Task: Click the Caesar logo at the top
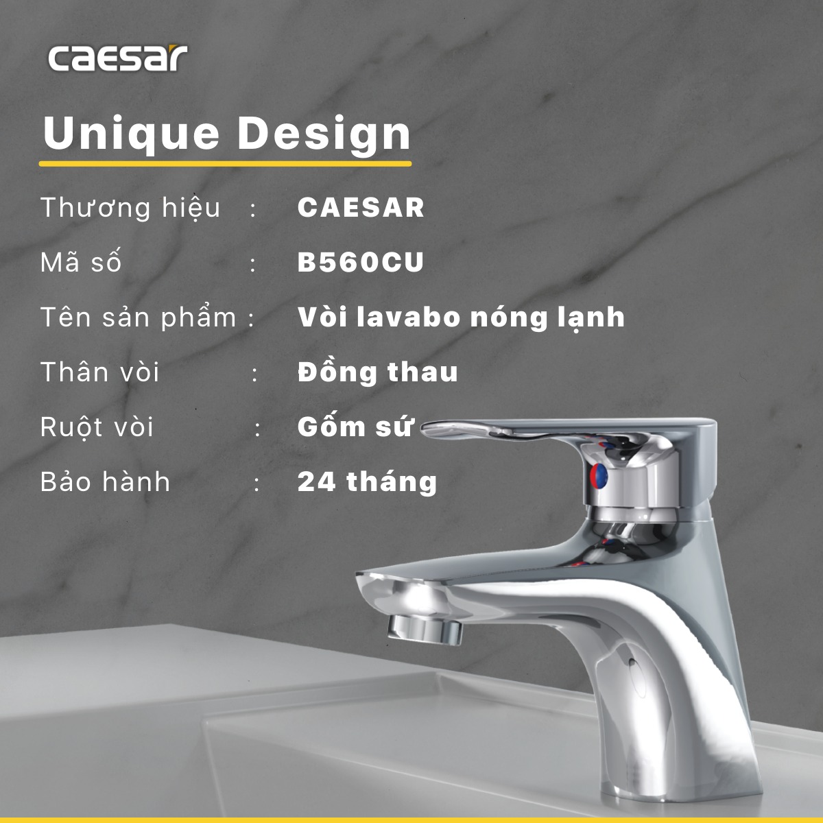tap(117, 59)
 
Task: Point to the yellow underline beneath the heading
tap(225, 164)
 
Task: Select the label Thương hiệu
tap(130, 208)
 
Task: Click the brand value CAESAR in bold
tap(361, 208)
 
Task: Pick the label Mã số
tap(81, 263)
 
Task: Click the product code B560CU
tap(361, 263)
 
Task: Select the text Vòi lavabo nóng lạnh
tap(461, 318)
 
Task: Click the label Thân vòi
tap(100, 372)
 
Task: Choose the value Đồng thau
tap(378, 372)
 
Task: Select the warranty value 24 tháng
tap(367, 482)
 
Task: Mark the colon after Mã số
tap(254, 264)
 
